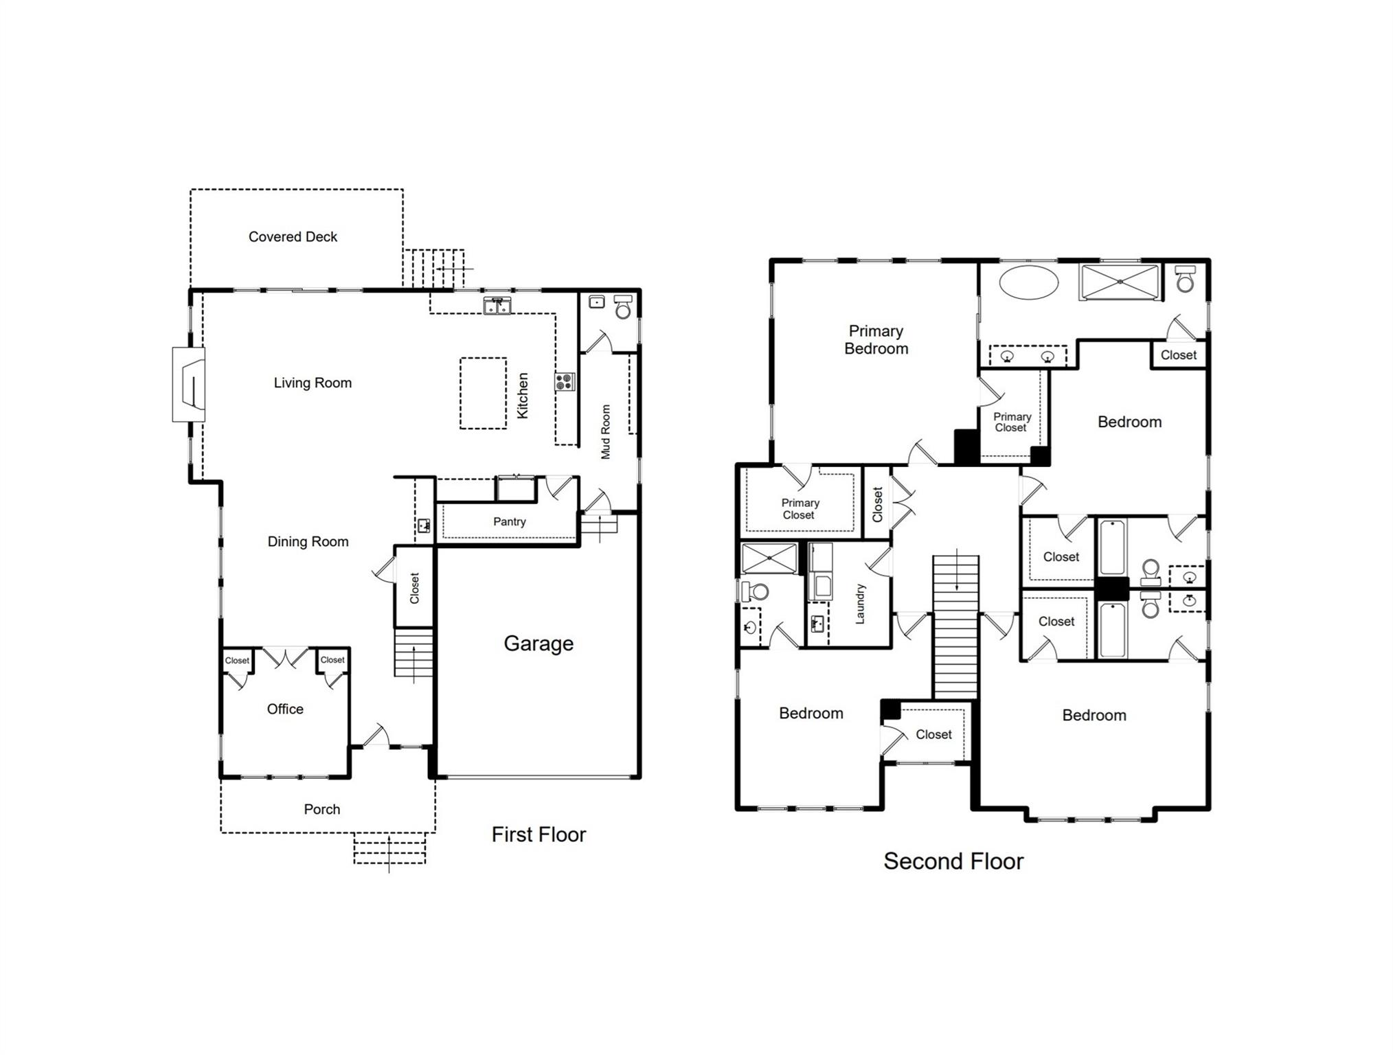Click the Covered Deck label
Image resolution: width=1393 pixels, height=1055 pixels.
click(x=293, y=237)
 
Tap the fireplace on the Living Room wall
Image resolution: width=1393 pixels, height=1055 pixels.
click(x=189, y=385)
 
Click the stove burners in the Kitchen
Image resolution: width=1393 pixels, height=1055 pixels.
click(x=565, y=382)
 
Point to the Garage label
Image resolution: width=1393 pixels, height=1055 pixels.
click(x=539, y=644)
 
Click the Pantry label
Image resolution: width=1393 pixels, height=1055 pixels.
click(x=510, y=522)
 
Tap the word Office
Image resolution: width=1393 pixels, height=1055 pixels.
click(x=285, y=709)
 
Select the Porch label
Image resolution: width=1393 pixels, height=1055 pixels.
click(x=322, y=809)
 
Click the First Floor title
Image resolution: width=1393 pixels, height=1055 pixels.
click(x=539, y=835)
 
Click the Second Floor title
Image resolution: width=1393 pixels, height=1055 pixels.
click(x=953, y=861)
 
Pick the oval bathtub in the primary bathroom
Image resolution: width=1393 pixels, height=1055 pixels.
click(x=1029, y=282)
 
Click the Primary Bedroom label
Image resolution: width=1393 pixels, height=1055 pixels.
click(x=876, y=340)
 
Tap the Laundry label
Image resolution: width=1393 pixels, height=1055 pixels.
click(x=860, y=604)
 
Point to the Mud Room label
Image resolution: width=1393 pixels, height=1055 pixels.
click(x=605, y=432)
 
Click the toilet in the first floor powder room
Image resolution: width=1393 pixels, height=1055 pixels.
click(x=623, y=307)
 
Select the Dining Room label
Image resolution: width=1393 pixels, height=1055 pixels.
click(x=308, y=542)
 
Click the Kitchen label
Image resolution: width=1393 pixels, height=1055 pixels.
click(x=523, y=396)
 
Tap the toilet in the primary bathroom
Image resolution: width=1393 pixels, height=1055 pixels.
click(x=1185, y=279)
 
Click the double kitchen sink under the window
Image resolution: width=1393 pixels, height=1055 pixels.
click(x=497, y=306)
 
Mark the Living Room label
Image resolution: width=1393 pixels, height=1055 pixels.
click(x=313, y=383)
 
